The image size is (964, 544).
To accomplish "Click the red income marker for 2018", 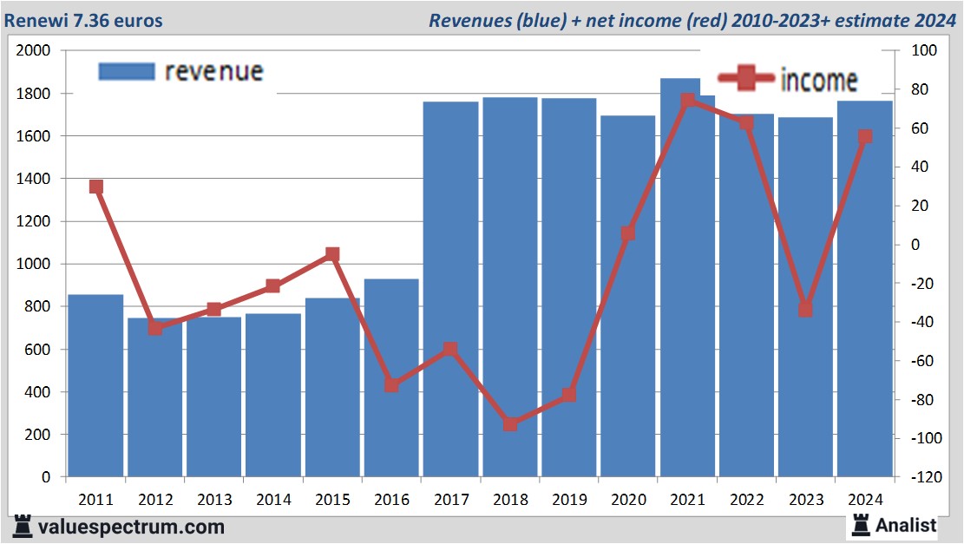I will [510, 424].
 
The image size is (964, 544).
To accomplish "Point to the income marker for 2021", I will [688, 101].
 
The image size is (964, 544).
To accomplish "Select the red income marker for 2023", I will [805, 310].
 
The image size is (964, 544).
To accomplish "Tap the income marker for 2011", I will [96, 187].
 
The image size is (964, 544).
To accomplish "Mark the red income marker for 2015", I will [332, 254].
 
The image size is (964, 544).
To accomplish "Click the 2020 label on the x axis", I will [628, 500].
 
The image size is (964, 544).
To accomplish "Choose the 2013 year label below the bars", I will [214, 500].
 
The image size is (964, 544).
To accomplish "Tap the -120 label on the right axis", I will [920, 477].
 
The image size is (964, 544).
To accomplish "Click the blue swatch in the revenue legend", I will [127, 71].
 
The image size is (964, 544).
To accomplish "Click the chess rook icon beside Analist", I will [861, 524].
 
